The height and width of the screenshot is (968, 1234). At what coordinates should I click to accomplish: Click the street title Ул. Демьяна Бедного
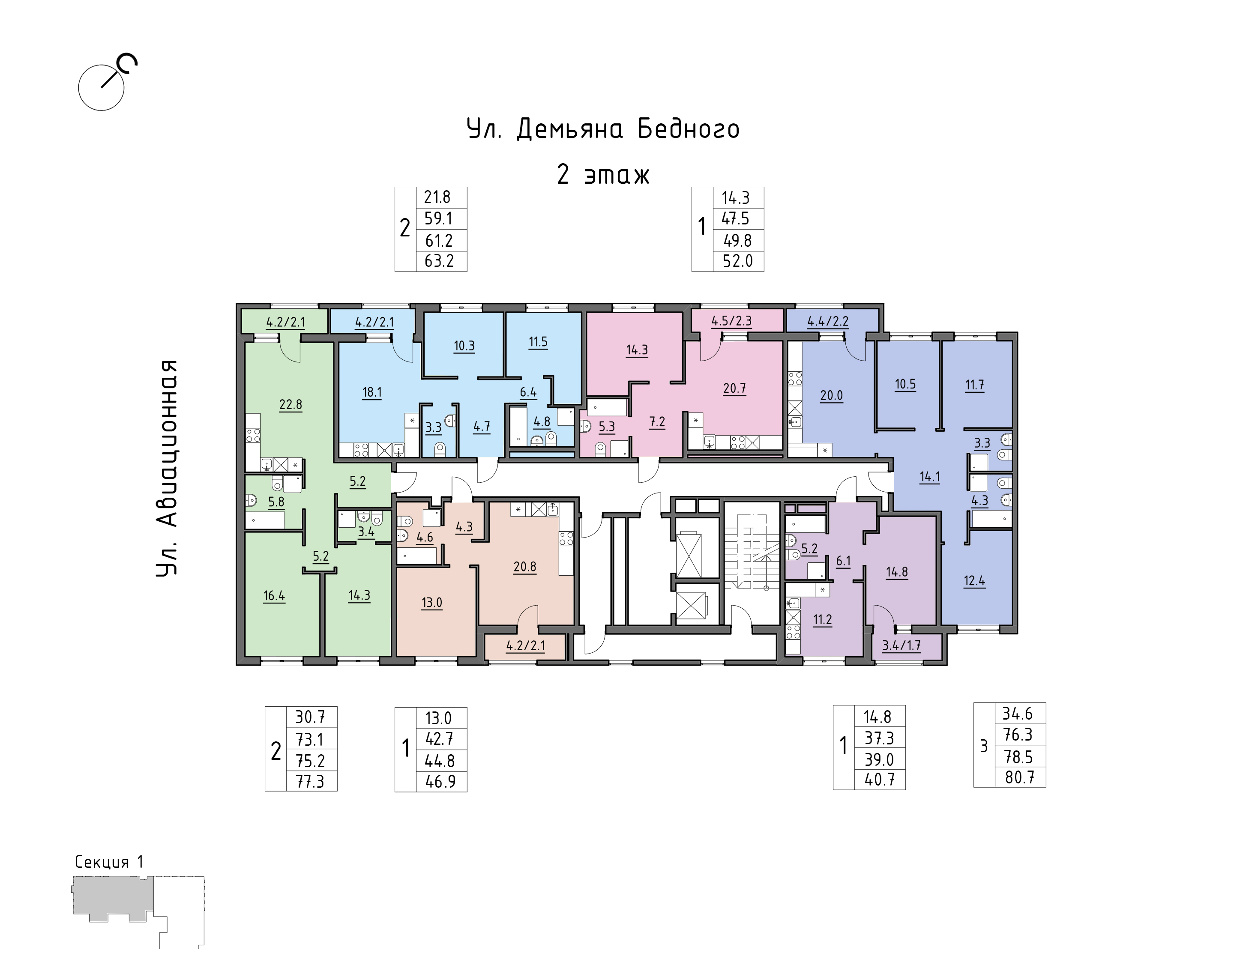coord(603,129)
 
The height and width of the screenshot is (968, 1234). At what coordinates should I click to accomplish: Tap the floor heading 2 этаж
coord(603,174)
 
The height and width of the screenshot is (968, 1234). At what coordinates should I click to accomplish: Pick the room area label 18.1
coord(372,393)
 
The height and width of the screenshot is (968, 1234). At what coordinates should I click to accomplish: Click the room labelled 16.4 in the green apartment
coord(274,596)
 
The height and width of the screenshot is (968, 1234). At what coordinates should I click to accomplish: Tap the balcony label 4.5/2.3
coord(731,321)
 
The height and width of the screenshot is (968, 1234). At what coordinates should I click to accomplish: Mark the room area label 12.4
coord(974,581)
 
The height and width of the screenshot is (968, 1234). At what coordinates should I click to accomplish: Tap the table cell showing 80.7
coord(1020,777)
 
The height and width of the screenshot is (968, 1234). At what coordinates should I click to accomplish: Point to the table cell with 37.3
coord(880,738)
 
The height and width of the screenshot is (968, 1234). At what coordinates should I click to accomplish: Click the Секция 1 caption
coord(109,862)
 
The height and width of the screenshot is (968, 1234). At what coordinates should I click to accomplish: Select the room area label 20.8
coord(525,567)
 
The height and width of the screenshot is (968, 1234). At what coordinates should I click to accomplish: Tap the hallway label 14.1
coord(930,477)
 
